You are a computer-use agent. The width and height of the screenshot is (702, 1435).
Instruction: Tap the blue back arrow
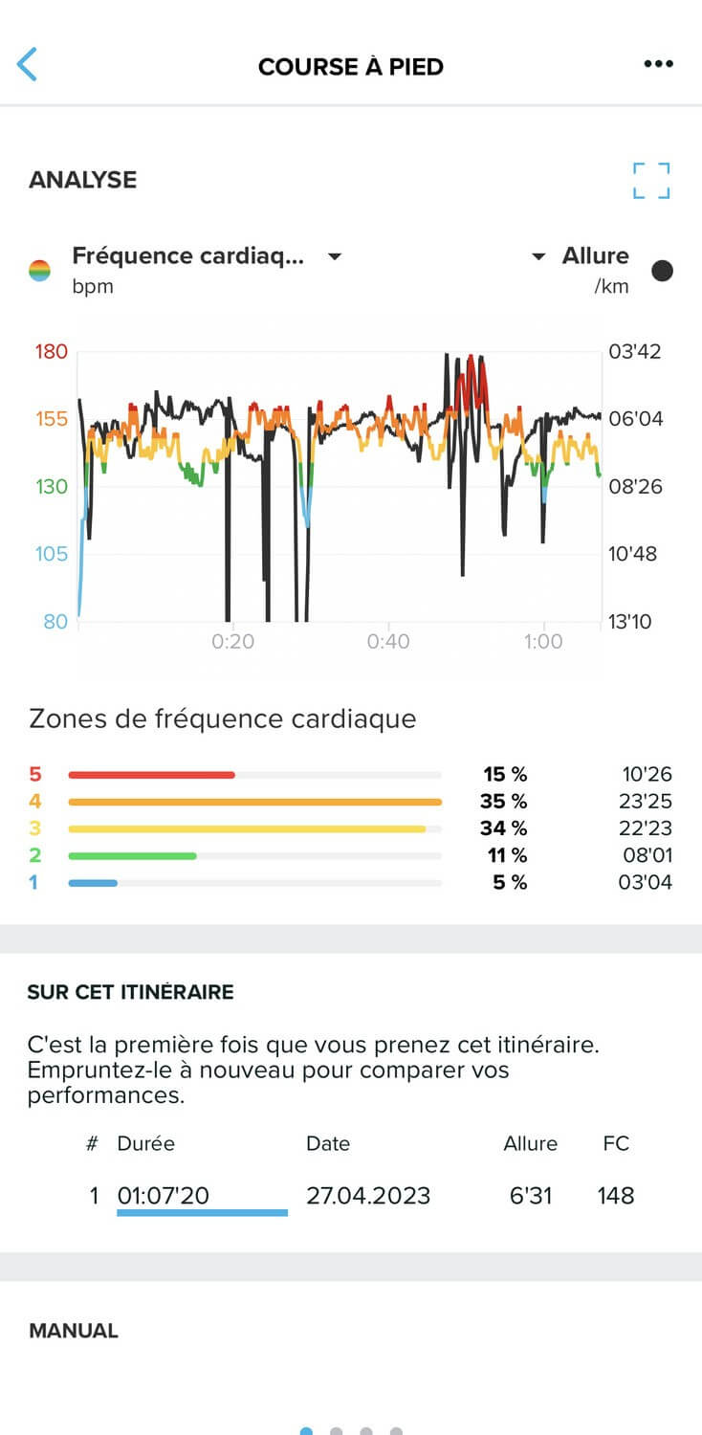(x=27, y=65)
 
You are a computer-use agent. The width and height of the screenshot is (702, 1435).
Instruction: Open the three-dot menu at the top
(x=658, y=65)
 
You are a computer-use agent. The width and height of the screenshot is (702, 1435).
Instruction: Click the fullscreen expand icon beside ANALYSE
(x=651, y=181)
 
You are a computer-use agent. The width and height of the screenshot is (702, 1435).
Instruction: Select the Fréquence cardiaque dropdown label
(x=189, y=256)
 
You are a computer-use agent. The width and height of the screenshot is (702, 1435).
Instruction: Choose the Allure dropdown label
(x=595, y=256)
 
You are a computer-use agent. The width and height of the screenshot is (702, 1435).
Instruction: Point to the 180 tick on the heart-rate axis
(x=52, y=351)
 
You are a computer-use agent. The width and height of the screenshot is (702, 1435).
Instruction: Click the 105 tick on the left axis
(x=52, y=553)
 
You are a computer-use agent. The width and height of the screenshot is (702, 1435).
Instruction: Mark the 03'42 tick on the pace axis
(x=634, y=351)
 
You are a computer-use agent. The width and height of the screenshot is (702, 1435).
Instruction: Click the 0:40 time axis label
(x=387, y=642)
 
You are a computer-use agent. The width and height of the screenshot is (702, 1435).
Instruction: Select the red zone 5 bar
(x=151, y=775)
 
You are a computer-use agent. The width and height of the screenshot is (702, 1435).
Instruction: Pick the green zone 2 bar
(x=132, y=855)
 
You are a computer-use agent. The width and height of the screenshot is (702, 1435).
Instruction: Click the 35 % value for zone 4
(x=503, y=802)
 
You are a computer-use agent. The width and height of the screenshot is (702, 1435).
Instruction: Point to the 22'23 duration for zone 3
(x=646, y=828)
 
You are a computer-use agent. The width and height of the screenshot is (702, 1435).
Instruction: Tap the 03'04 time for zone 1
(x=646, y=882)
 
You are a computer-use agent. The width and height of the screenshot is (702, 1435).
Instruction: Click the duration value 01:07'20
(x=164, y=1195)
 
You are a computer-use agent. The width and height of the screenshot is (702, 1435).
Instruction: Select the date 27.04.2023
(x=368, y=1195)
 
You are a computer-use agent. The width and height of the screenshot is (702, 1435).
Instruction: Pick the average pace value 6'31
(x=531, y=1195)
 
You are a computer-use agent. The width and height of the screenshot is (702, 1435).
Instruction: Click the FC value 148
(x=616, y=1195)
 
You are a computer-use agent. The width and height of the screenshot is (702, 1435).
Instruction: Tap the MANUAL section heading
(x=74, y=1331)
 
